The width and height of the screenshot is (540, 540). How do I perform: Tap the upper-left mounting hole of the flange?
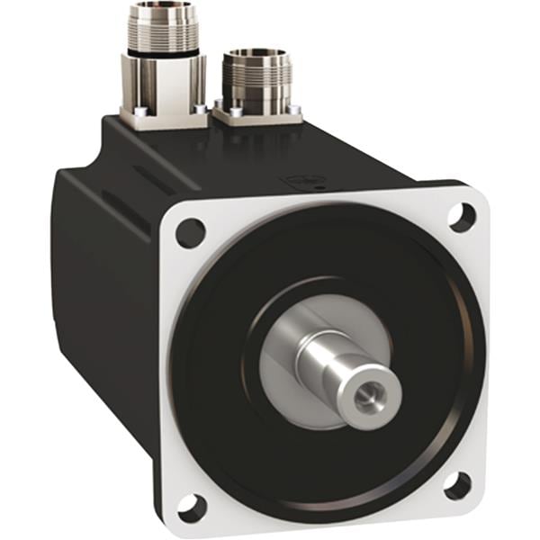(x=191, y=233)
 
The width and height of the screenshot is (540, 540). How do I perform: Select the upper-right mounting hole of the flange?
(x=462, y=216)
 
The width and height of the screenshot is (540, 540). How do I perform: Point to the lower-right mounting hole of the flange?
(x=457, y=486)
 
